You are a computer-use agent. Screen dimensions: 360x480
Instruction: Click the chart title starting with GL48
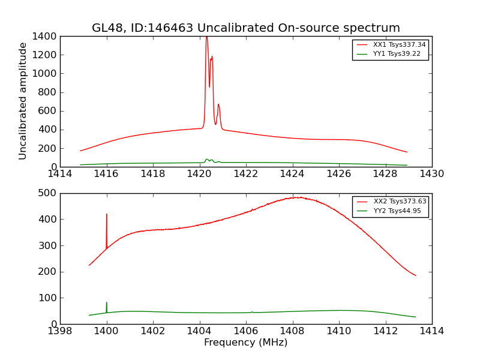pos(245,28)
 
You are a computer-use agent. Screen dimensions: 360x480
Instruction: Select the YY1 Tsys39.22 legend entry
pos(397,54)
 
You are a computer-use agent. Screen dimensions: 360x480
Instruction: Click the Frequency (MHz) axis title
pos(245,343)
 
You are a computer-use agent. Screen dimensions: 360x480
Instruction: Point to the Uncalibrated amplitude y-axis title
pos(23,101)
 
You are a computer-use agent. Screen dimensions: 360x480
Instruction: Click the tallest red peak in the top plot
pos(206,38)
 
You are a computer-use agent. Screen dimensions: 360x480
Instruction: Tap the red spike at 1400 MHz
pos(107,215)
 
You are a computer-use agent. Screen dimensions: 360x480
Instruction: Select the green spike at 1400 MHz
pos(107,303)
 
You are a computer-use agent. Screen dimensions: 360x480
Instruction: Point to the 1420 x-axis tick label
pos(199,174)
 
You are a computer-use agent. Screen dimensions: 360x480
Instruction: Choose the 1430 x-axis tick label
pos(431,174)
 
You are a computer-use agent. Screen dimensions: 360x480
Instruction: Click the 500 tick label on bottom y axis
pos(49,193)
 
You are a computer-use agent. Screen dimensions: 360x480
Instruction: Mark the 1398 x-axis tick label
pos(60,331)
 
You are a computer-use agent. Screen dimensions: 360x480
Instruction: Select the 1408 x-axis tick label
pos(292,331)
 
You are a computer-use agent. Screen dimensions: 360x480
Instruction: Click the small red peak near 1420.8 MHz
pos(218,105)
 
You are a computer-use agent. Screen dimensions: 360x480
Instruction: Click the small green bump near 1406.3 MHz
pos(252,311)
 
